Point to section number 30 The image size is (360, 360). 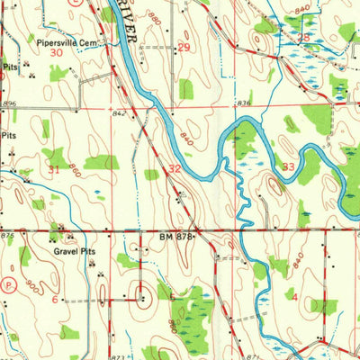(x=57, y=53)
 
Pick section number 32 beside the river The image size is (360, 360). (x=173, y=168)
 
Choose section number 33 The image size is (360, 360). (x=288, y=166)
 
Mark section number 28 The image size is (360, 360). (x=304, y=38)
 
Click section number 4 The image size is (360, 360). (x=293, y=294)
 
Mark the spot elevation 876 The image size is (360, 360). (x=7, y=236)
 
